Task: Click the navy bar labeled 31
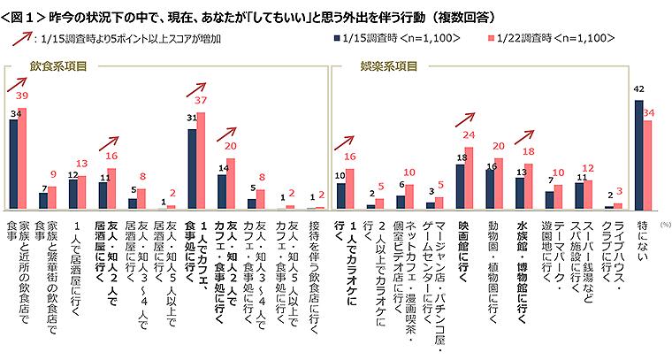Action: coord(192,168)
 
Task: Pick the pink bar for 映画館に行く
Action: coord(469,178)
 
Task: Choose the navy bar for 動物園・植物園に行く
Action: coord(490,188)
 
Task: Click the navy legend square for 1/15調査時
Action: coord(338,39)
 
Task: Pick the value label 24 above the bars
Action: coord(470,136)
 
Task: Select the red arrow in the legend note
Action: coord(21,40)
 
